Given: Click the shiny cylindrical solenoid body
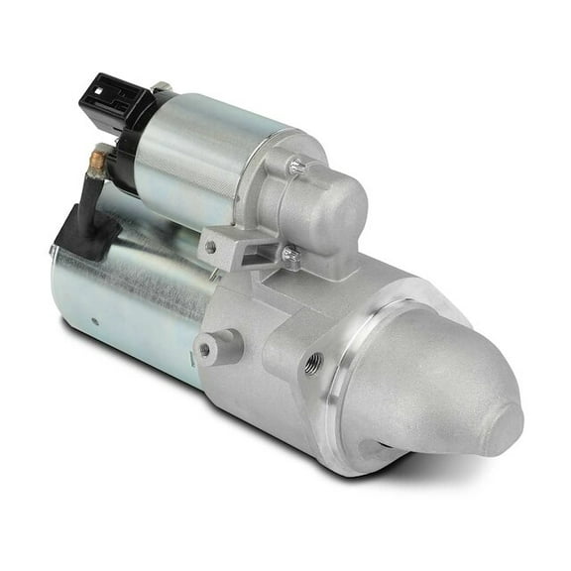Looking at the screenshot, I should point(203,159).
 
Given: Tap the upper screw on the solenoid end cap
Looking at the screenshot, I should point(296,168).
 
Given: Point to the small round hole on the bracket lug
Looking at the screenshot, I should point(210,247).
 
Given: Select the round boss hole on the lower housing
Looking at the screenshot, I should point(205,349).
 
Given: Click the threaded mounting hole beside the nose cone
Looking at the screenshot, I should point(315,361).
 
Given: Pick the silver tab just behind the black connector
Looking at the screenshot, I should point(161,88).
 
